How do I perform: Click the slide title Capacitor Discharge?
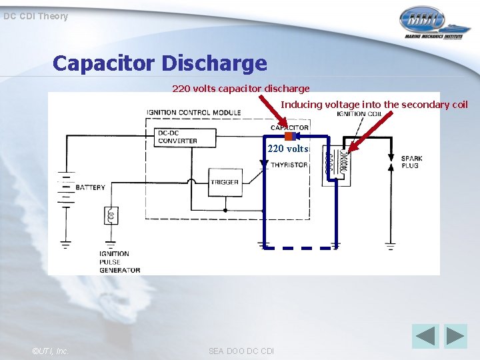point(160,63)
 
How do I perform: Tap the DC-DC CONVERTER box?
point(177,137)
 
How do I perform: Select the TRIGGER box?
point(224,182)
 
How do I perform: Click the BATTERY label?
point(90,187)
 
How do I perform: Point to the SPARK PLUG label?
point(411,162)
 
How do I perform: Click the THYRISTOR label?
point(289,165)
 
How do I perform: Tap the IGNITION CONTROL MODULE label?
point(194,112)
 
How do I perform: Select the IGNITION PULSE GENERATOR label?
point(119,262)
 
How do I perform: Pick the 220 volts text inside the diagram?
point(288,149)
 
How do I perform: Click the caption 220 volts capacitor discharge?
point(241,88)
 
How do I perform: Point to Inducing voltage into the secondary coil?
point(374,104)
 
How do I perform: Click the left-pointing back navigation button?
point(425,336)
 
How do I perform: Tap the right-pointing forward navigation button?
point(456,336)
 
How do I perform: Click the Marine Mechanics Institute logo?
point(431,23)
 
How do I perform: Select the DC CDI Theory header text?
point(35,16)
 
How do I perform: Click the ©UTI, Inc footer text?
point(49,351)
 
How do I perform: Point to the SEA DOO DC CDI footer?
point(241,351)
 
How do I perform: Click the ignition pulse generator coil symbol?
point(111,215)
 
